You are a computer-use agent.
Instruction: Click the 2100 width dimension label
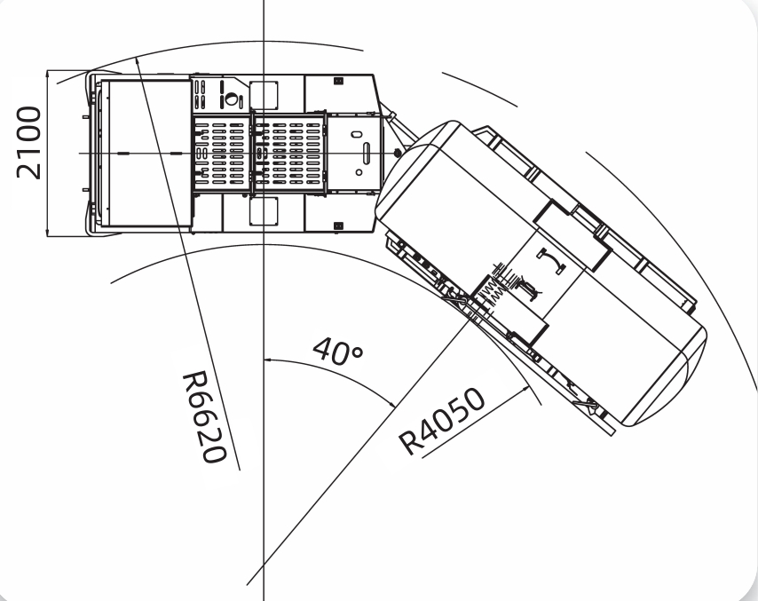pos(29,143)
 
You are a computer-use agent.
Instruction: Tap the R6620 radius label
pos(204,416)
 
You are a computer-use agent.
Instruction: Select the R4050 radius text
pos(441,421)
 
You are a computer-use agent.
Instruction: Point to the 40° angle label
pos(338,351)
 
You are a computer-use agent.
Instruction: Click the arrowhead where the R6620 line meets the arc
pos(138,61)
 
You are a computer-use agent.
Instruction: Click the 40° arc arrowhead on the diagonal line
pos(392,403)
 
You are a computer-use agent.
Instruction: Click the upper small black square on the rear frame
pos(338,81)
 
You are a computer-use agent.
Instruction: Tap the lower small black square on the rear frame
pos(338,225)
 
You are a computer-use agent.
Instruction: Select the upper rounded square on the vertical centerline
pos(264,95)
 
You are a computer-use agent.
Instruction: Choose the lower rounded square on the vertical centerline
pos(264,211)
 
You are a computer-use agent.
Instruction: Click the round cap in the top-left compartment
pos(232,99)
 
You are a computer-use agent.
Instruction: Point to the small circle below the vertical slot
pos(359,172)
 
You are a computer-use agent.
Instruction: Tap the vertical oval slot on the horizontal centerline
pos(367,154)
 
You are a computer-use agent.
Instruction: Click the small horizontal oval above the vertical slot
pos(357,134)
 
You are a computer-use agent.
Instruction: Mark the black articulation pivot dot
pos(398,153)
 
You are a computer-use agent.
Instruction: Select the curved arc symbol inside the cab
pos(551,261)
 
